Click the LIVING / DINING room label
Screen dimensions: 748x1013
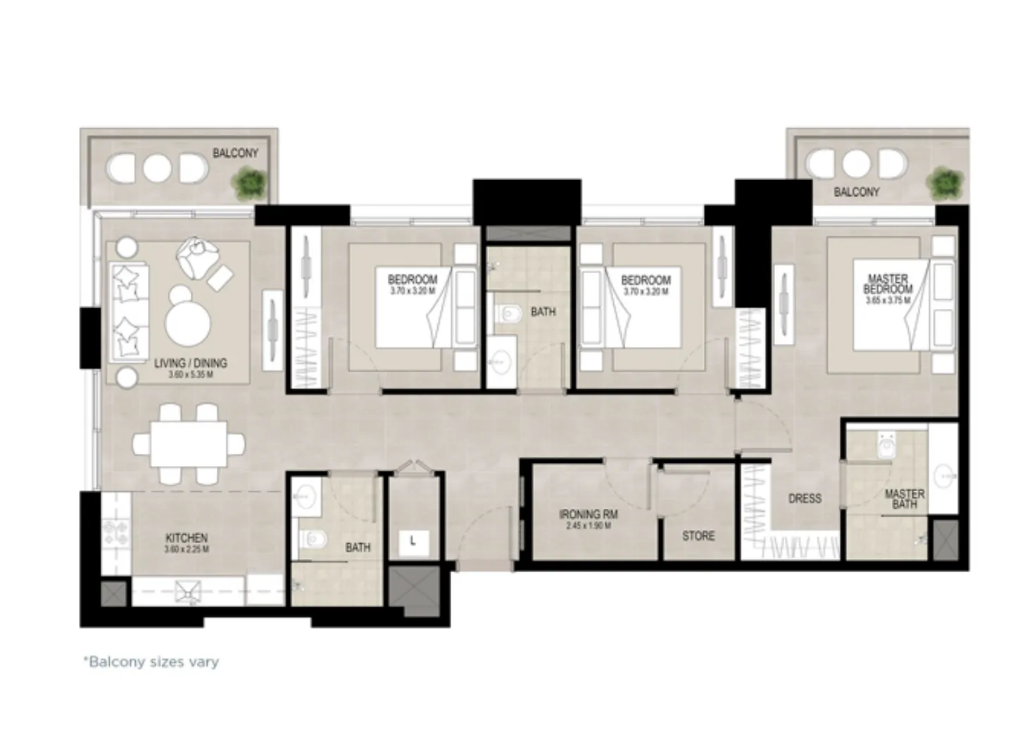(190, 364)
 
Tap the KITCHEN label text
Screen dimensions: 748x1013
(187, 538)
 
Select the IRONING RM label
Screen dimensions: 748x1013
(589, 514)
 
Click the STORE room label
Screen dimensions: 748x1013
(698, 536)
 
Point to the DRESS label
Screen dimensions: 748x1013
(805, 498)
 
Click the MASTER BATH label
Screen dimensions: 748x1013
(905, 499)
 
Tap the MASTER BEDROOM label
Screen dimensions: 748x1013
(888, 284)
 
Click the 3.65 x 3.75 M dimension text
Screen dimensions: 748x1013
(888, 300)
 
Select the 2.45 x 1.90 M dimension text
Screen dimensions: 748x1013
(589, 526)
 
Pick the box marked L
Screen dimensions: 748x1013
(413, 541)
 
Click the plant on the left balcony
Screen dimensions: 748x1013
(250, 184)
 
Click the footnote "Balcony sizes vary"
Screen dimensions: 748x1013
(151, 662)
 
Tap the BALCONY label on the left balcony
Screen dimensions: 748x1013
(235, 153)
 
